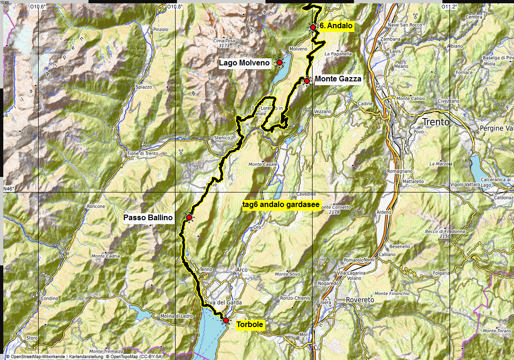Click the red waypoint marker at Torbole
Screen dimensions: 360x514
click(225, 320)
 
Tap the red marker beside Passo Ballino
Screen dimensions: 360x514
click(189, 217)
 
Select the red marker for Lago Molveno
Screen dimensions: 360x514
click(279, 63)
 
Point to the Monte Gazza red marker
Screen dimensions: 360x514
click(306, 81)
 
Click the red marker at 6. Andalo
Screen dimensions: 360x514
click(313, 27)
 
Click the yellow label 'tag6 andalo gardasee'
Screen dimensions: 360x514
click(281, 205)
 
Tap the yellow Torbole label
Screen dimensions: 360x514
click(249, 325)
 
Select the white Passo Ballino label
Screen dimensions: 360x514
click(148, 218)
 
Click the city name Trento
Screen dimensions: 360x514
click(436, 122)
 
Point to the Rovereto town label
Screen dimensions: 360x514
click(360, 300)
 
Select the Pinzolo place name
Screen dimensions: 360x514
click(161, 29)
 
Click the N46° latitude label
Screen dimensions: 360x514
click(9, 189)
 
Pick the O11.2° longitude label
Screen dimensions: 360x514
click(449, 7)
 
